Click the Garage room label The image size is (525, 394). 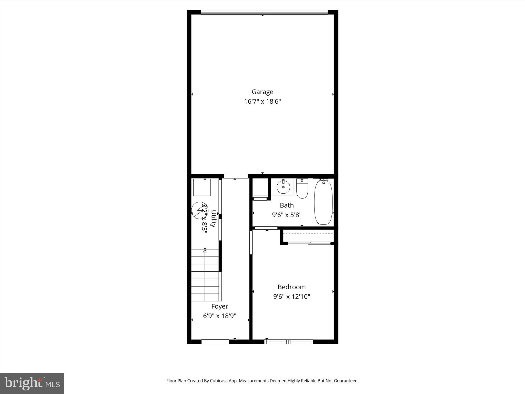click(262, 92)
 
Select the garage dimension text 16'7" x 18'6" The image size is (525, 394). click(262, 102)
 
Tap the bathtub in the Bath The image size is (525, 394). click(323, 203)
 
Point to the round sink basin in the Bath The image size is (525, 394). click(283, 187)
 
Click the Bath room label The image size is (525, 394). click(287, 205)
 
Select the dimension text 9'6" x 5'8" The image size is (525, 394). click(287, 215)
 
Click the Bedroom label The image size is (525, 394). click(291, 287)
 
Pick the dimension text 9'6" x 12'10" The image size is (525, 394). click(291, 297)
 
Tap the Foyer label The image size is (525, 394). click(219, 306)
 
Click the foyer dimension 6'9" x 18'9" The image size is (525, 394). click(219, 316)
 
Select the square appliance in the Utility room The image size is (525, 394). click(202, 188)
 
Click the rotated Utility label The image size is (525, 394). click(213, 219)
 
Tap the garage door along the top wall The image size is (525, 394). click(264, 12)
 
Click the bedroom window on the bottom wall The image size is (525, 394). click(289, 341)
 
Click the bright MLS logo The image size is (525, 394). click(32, 383)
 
